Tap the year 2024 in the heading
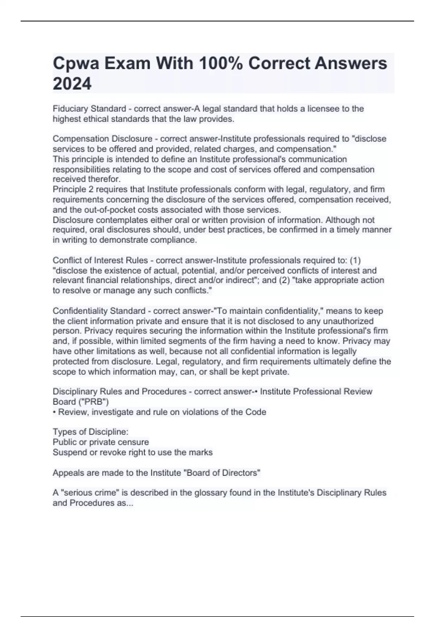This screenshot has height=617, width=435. click(72, 84)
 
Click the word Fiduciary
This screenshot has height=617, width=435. click(70, 109)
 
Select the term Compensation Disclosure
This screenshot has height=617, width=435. click(103, 139)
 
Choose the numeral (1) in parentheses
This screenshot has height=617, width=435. click(355, 260)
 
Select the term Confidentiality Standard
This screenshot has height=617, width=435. click(99, 311)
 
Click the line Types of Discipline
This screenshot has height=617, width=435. click(91, 432)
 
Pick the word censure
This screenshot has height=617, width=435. click(132, 442)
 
